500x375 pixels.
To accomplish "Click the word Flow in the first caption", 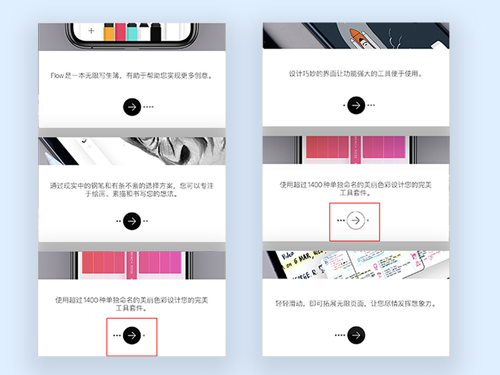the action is [57, 76].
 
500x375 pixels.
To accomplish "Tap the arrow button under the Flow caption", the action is [132, 107].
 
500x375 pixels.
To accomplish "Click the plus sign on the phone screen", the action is [91, 31].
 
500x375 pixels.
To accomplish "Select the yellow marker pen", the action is [109, 32].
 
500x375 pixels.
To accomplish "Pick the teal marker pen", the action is [132, 32].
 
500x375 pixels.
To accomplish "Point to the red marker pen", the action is [120, 32].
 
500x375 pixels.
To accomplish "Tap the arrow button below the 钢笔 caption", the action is [132, 221].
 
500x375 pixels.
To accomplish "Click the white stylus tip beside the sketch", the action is [49, 157].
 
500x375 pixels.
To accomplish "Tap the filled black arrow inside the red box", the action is [132, 335].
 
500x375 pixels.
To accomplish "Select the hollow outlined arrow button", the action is [356, 220].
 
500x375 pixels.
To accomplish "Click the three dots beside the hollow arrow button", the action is [341, 220].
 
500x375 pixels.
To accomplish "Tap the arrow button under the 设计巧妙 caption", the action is [356, 105].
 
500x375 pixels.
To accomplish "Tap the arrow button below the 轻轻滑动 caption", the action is [356, 335].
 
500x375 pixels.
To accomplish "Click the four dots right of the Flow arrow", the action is [148, 107].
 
